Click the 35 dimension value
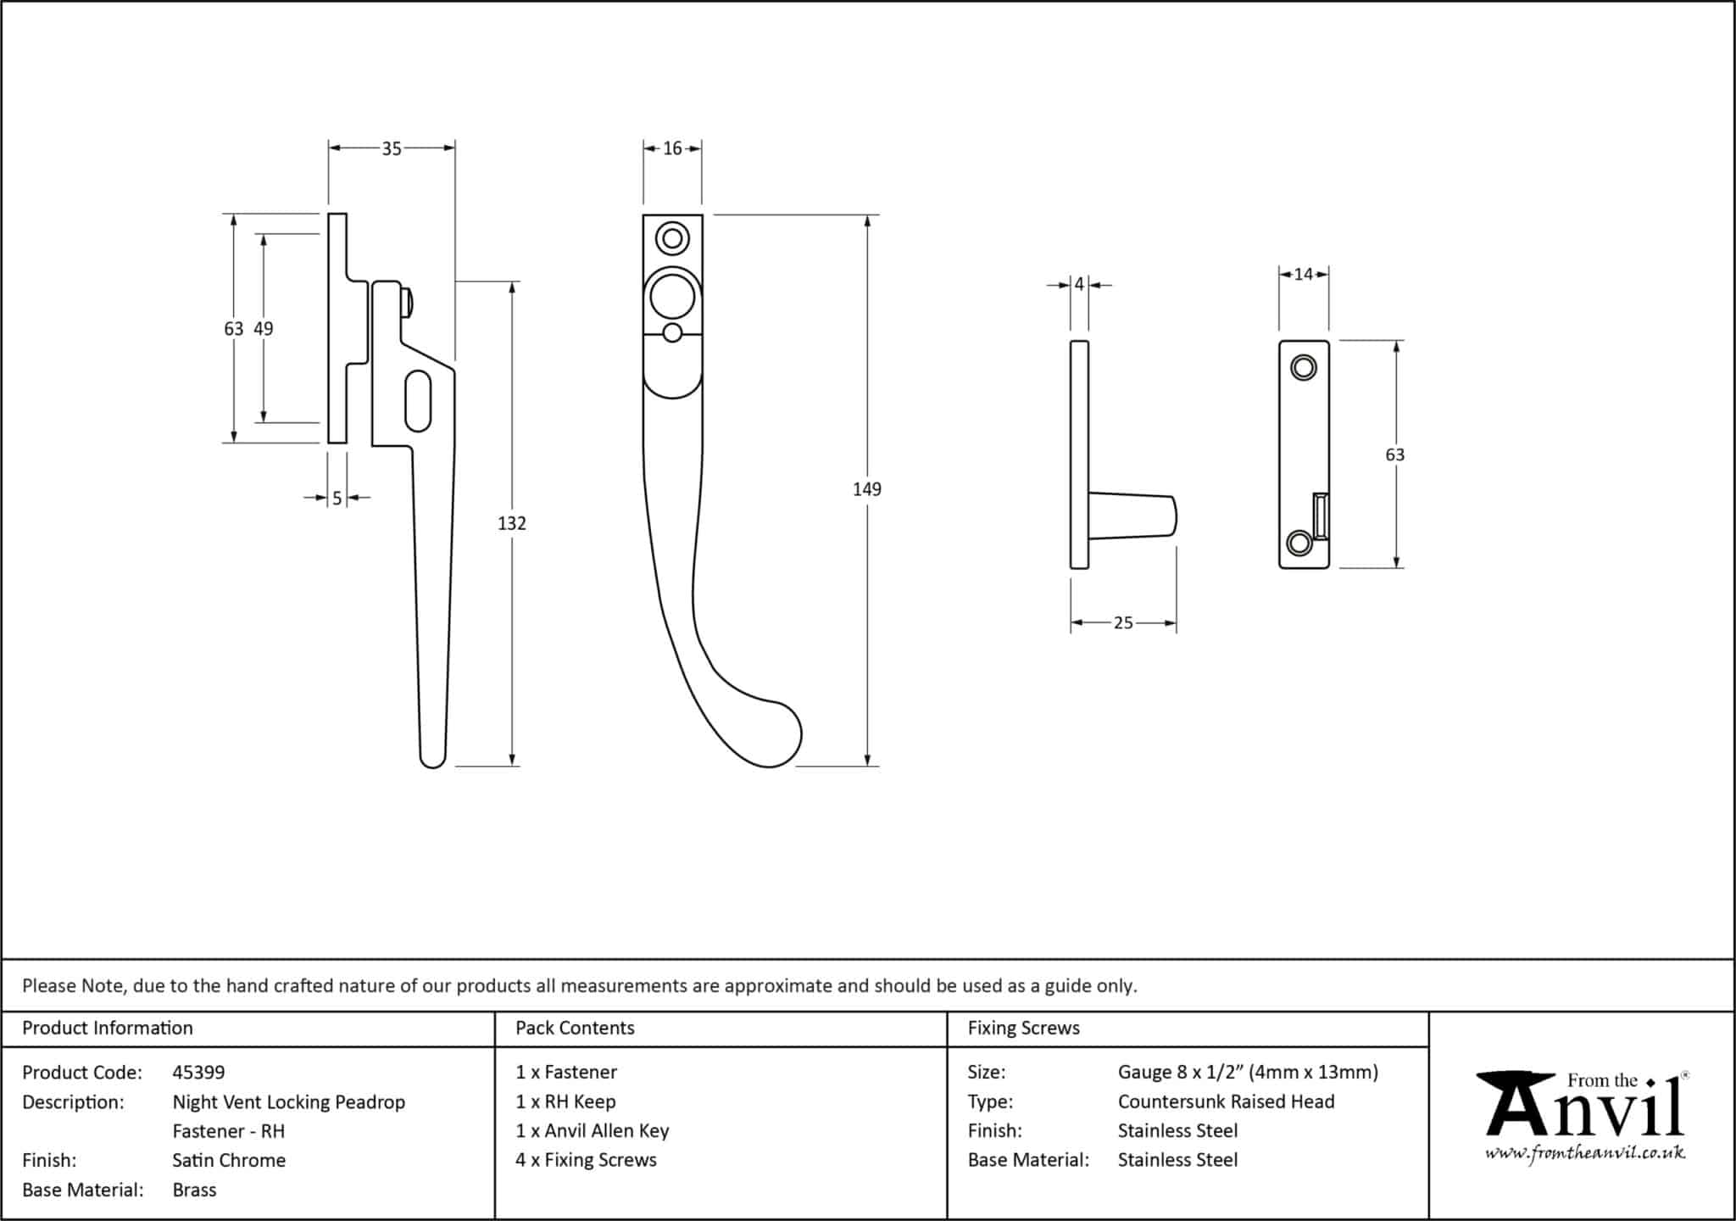click(x=391, y=149)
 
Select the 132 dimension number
click(x=512, y=523)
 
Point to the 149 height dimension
click(x=866, y=489)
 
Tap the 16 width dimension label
click(x=672, y=149)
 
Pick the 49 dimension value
click(x=264, y=329)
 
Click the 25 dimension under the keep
click(x=1123, y=623)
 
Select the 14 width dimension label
click(x=1304, y=274)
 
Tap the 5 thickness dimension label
click(x=337, y=499)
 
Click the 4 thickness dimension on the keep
click(x=1079, y=285)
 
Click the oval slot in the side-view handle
click(x=419, y=400)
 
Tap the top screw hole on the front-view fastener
click(x=673, y=238)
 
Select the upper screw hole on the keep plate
click(x=1303, y=368)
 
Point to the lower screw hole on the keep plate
click(x=1299, y=543)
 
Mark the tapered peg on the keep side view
click(x=1132, y=516)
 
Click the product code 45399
click(x=198, y=1073)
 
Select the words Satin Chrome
click(x=229, y=1160)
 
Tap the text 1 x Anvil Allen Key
click(x=593, y=1130)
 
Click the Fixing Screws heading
click(x=1024, y=1028)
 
